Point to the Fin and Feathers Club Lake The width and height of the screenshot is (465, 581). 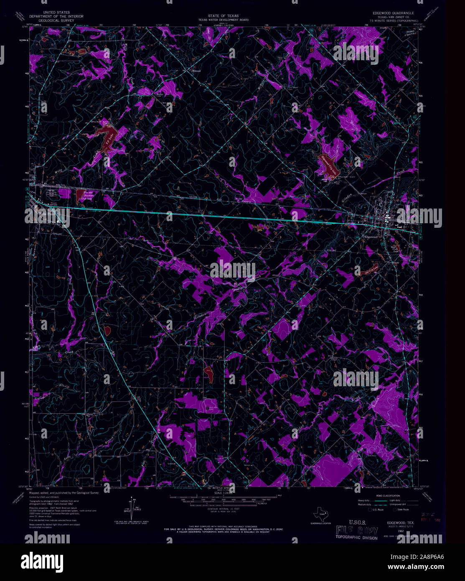coord(82,195)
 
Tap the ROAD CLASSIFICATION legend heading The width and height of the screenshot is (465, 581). coord(384,495)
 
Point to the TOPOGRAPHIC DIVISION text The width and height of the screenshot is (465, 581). coord(356,538)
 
